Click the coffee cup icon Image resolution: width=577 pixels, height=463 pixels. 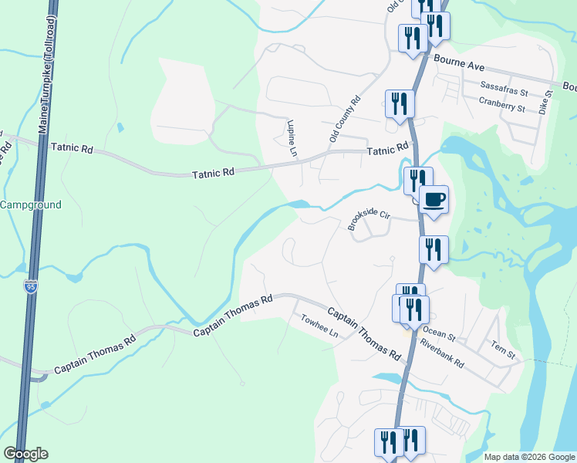click(x=434, y=200)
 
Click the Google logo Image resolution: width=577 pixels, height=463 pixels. click(x=25, y=454)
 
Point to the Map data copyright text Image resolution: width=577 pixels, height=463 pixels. click(x=529, y=457)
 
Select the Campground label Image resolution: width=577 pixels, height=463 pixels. click(x=31, y=204)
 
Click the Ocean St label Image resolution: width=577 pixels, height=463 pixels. click(x=439, y=337)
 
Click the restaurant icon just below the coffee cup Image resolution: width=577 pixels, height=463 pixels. click(x=434, y=250)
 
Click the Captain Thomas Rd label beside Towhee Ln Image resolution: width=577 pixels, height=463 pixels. click(x=364, y=334)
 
